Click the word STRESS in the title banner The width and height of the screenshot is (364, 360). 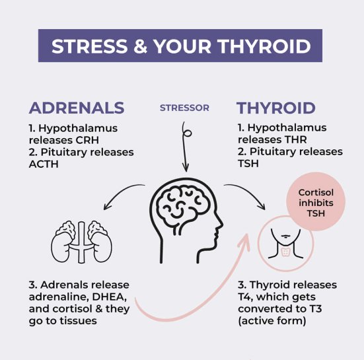pos(89,47)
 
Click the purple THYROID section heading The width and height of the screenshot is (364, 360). pos(276,108)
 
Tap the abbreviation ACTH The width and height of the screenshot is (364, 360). pos(42,164)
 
